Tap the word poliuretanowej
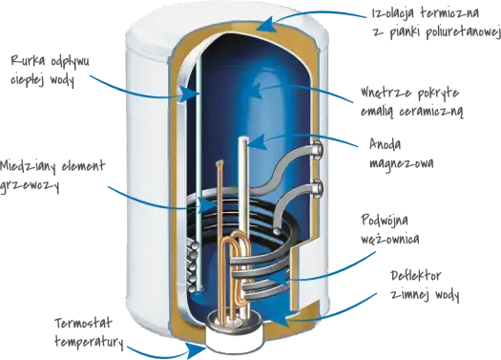[463, 32]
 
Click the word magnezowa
[402, 163]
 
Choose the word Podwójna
[385, 221]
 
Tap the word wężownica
[389, 239]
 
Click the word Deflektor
[416, 275]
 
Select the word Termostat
[83, 323]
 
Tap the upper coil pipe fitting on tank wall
[318, 150]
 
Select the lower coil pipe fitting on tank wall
[318, 189]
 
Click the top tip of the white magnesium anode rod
[243, 138]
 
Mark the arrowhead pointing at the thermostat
[196, 350]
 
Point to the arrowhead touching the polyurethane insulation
[266, 24]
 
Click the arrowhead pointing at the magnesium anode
[258, 142]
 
